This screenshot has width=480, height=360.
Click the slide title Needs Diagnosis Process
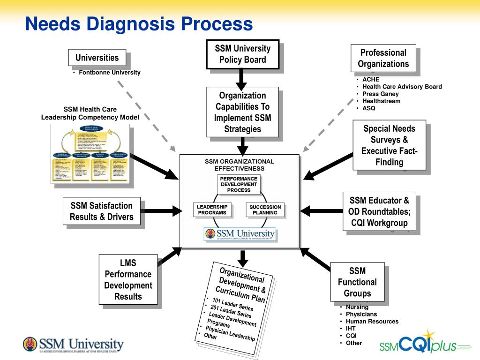139,23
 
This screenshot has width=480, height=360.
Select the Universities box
97,58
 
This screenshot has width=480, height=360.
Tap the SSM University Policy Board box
242,54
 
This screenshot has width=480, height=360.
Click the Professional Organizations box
383,58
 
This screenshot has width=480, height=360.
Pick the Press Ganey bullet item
380,94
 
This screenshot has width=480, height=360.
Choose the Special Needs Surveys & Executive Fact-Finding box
389,145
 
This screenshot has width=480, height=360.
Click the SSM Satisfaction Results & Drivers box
102,211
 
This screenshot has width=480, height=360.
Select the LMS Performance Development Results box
128,279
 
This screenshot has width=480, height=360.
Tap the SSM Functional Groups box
357,282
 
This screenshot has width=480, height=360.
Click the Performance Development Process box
239,184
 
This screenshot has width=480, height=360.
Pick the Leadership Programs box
212,210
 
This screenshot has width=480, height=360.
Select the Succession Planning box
265,210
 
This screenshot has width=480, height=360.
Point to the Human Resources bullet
372,322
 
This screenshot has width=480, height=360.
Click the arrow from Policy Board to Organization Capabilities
241,79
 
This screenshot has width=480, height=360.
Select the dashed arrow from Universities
145,114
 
